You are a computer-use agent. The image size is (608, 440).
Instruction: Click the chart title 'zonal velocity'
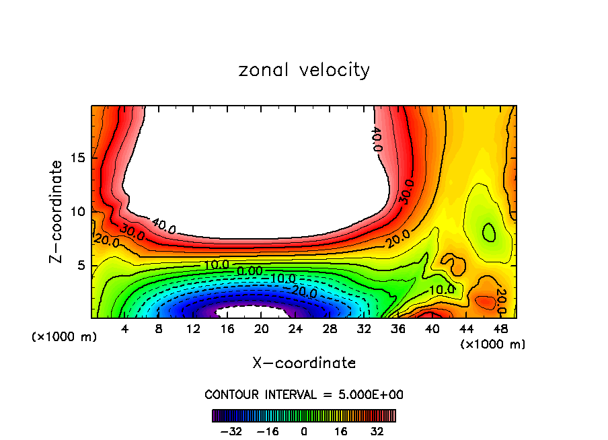pos(304,70)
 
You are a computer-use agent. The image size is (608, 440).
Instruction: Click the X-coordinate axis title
pos(304,363)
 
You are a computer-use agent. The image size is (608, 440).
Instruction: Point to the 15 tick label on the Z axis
pos(77,159)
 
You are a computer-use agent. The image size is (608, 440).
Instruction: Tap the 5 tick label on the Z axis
pos(80,265)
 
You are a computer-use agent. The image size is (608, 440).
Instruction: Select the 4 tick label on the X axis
pos(125,330)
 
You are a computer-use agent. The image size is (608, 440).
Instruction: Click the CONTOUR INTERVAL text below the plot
pos(304,394)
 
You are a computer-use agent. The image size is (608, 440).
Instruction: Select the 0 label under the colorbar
pos(304,431)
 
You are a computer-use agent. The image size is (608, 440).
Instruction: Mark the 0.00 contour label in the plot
pos(250,271)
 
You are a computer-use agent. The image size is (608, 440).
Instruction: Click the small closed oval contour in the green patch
pos(490,232)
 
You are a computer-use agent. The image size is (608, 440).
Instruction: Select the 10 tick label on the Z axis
pos(77,212)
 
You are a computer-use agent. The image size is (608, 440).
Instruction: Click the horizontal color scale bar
pos(304,415)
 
